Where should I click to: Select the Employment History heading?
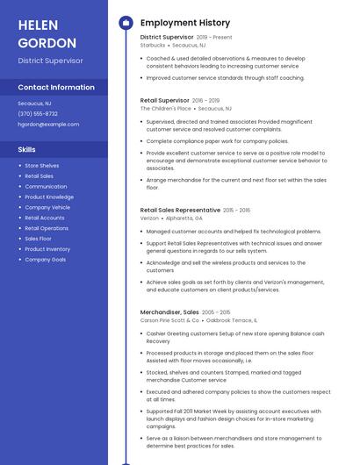coord(185,23)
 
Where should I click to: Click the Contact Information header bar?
coord(56,88)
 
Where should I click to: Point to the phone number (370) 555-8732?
coord(38,113)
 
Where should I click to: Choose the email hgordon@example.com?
coord(48,124)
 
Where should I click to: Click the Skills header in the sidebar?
coord(27,149)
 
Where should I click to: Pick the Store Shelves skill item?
coord(42,166)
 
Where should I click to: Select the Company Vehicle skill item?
coord(47,207)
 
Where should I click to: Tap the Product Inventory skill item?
coord(47,249)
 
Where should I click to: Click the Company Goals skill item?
coord(46,260)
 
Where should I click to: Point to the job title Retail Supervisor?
coord(164,100)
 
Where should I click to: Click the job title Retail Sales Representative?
coord(180,211)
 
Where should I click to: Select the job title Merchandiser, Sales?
coord(169,312)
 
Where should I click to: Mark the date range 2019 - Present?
coord(214,38)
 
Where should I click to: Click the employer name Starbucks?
coord(153,46)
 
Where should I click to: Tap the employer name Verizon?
coord(149,218)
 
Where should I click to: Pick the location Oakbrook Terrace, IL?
coord(232,320)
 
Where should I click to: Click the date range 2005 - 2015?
coord(216,312)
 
